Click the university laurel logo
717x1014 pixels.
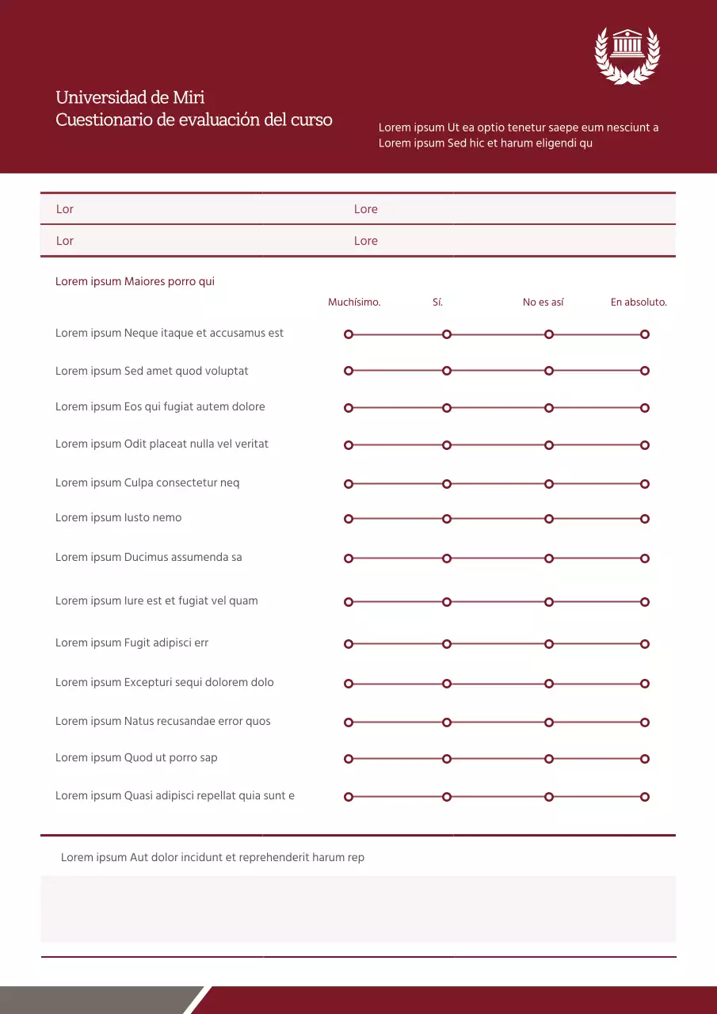coord(627,55)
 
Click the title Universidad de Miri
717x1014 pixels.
coord(130,97)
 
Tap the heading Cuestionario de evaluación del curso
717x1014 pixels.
coord(194,120)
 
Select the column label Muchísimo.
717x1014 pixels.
coord(354,303)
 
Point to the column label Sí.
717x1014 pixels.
coord(437,303)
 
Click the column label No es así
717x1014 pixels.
coord(543,303)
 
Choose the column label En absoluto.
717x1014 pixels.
coord(639,303)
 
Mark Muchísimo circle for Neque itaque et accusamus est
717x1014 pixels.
coord(349,334)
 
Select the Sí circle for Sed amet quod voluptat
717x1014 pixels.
coord(447,371)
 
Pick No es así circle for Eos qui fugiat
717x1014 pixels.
coord(548,408)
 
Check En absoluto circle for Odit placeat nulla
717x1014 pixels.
coord(645,445)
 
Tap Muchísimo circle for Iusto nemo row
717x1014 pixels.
coord(349,519)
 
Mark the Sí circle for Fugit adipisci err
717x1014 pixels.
coord(447,644)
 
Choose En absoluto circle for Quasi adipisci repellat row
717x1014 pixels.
coord(645,797)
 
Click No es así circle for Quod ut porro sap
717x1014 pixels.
coord(548,759)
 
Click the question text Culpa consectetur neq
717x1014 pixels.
coord(147,483)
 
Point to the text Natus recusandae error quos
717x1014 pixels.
coord(162,722)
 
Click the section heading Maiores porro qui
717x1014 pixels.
coord(135,282)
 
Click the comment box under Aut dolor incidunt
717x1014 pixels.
coord(358,909)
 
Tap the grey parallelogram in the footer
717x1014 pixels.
coord(95,1000)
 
